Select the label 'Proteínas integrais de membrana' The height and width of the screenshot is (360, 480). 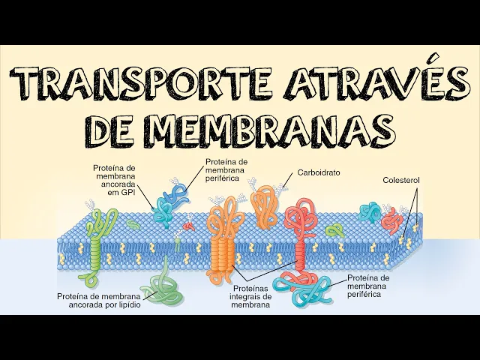coord(251,296)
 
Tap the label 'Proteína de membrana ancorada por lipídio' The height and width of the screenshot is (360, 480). coord(97,300)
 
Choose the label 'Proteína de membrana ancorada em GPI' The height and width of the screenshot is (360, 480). coord(114,179)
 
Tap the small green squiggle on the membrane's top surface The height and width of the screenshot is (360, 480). coord(133,223)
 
